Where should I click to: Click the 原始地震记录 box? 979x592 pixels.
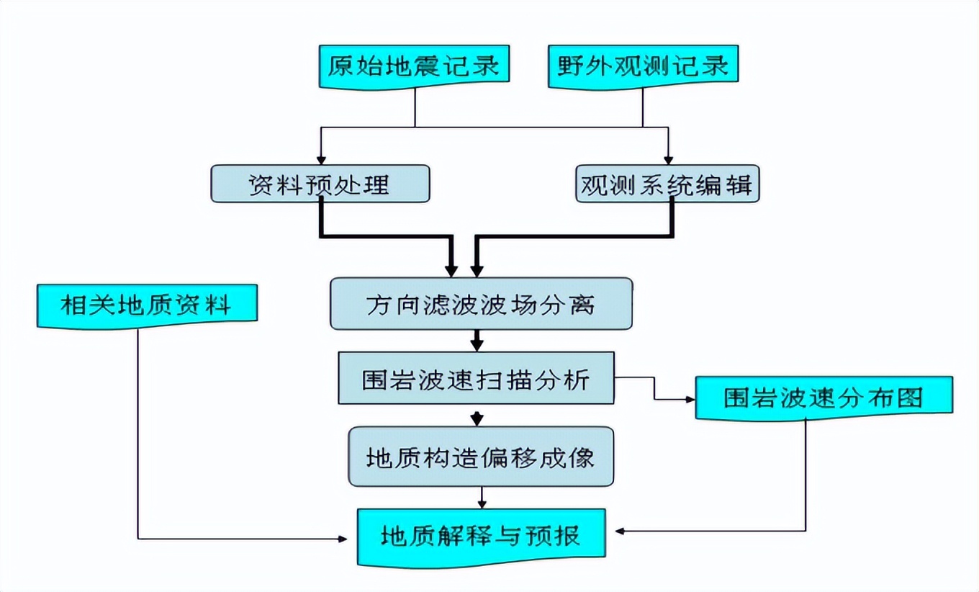click(x=414, y=66)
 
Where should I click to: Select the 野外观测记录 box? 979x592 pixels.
click(x=643, y=66)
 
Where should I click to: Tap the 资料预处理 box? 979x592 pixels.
click(x=320, y=184)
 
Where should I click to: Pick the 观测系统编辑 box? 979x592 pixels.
click(x=667, y=184)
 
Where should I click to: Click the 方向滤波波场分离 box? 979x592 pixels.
click(x=481, y=304)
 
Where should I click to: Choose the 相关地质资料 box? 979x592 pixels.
click(x=146, y=305)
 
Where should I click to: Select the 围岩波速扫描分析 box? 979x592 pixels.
click(x=476, y=378)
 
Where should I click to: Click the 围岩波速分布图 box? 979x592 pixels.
click(x=824, y=397)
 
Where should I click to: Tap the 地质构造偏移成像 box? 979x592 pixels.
click(x=481, y=457)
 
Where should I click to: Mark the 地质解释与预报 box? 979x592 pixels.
click(x=481, y=537)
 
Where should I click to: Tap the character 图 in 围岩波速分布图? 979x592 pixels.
click(x=908, y=398)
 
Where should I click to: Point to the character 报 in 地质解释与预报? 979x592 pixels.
click(x=568, y=537)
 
